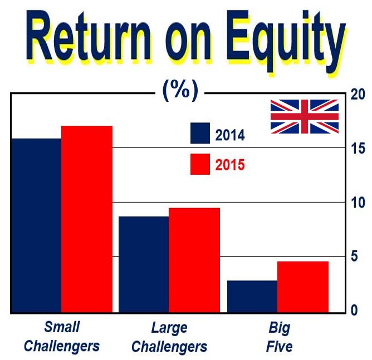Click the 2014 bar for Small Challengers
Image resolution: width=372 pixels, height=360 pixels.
coord(36,225)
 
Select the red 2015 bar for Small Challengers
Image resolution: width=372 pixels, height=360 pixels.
coord(87,219)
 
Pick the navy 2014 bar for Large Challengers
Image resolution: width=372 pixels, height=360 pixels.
coord(144,264)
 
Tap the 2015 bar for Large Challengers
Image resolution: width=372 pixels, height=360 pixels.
coord(194,260)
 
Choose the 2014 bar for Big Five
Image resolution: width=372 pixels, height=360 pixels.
coord(252,296)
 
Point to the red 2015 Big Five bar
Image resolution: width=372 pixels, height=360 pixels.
coord(303,287)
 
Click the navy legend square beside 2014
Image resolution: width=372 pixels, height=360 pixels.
coord(200,133)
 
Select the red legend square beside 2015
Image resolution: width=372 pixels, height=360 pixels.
coord(200,164)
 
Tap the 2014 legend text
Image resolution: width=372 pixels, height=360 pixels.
coord(229,135)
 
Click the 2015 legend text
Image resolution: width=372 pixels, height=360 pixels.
coord(229,165)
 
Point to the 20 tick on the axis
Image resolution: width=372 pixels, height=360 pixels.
coord(358,95)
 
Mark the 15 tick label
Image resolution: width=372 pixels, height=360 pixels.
coord(358,149)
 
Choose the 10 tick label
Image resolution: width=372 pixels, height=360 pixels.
coord(358,203)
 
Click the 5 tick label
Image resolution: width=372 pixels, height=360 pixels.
coord(354,257)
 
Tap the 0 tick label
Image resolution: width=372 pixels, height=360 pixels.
coord(354,310)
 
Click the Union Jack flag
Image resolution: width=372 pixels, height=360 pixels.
coord(305,116)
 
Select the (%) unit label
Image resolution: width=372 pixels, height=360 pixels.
coord(180,90)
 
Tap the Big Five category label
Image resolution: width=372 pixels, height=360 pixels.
coord(279,337)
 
